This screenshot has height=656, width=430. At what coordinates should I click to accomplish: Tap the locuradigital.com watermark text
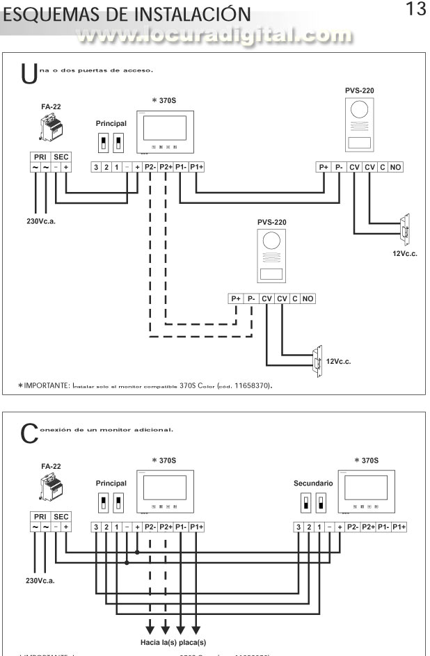pos(215,34)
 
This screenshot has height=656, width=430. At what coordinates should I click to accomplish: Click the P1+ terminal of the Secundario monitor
pos(399,527)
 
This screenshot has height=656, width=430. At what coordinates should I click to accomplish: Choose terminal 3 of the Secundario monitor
pos(299,527)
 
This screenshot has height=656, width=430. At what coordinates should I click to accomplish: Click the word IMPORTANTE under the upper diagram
pos(49,385)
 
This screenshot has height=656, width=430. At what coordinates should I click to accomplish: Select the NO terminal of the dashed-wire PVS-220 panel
pos(308,298)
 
